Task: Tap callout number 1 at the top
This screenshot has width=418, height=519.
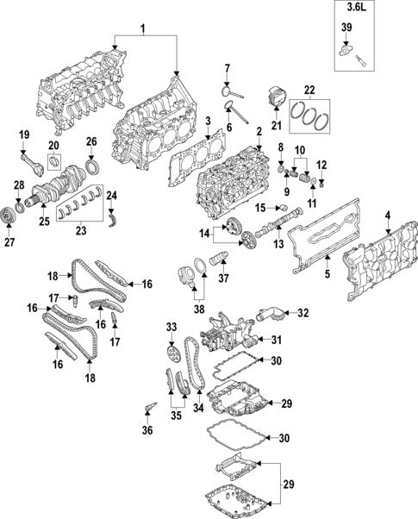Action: pos(144,29)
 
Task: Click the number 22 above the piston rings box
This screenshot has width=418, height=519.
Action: pos(309,89)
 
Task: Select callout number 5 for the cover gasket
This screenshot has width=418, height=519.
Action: pos(328,274)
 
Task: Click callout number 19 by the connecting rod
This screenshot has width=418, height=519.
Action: pos(25,134)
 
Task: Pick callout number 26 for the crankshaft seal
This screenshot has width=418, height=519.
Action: pos(91,141)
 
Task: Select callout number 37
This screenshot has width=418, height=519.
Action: pos(221,278)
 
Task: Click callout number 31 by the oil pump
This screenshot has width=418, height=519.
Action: pos(278,339)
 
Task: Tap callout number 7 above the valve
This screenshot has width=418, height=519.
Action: pos(228,68)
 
